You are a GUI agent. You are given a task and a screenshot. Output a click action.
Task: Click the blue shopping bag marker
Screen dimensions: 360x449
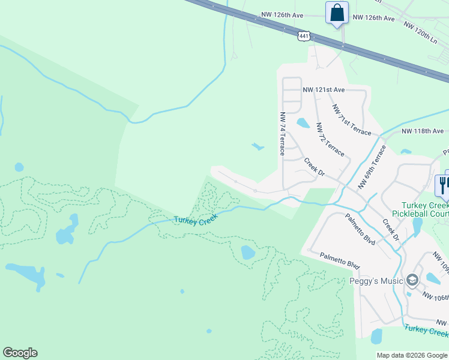pyautogui.click(x=337, y=13)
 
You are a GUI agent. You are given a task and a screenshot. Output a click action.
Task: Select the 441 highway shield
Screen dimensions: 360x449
pyautogui.click(x=304, y=37)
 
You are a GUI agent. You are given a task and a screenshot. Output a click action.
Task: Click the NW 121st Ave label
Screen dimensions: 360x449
pyautogui.click(x=324, y=90)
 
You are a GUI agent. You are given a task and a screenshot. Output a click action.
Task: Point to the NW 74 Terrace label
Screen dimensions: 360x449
pyautogui.click(x=282, y=133)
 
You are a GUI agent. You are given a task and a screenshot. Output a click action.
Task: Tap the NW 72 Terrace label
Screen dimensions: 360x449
pyautogui.click(x=330, y=140)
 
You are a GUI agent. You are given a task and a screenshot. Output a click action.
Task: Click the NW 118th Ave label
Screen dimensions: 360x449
pyautogui.click(x=422, y=131)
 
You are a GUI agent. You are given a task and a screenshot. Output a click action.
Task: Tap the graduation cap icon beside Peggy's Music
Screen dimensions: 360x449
pyautogui.click(x=412, y=280)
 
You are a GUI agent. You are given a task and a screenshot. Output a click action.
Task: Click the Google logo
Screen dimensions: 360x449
pyautogui.click(x=20, y=353)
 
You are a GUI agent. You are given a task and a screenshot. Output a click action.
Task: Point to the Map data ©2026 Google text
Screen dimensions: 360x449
pyautogui.click(x=412, y=355)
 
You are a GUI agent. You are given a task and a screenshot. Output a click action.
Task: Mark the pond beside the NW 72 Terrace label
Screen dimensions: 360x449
pyautogui.click(x=303, y=124)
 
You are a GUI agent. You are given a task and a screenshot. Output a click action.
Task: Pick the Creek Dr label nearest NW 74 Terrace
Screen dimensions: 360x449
pyautogui.click(x=314, y=167)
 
